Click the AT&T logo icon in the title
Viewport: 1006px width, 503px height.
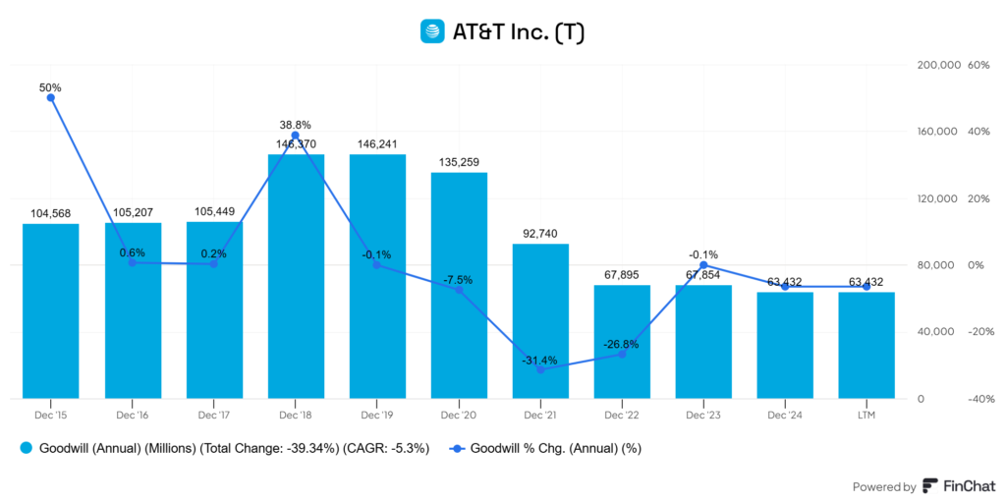tap(431, 31)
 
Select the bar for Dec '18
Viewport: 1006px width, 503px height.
tap(296, 276)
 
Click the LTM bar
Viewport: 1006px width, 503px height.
tap(866, 345)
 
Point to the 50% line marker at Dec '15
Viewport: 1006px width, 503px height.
tap(50, 97)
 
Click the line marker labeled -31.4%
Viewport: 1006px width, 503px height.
tap(540, 369)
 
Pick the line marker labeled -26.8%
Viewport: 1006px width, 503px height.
tap(622, 354)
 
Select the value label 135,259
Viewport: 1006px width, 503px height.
tap(459, 161)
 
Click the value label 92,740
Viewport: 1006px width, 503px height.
tap(540, 232)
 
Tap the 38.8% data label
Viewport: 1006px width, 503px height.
tap(295, 125)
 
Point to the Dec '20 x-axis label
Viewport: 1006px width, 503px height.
tap(459, 416)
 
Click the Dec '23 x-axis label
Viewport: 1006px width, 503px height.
tap(703, 416)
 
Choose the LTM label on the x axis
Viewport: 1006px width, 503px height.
tap(866, 416)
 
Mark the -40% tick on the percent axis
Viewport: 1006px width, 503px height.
tap(978, 399)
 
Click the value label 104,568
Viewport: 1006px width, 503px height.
tap(50, 212)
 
